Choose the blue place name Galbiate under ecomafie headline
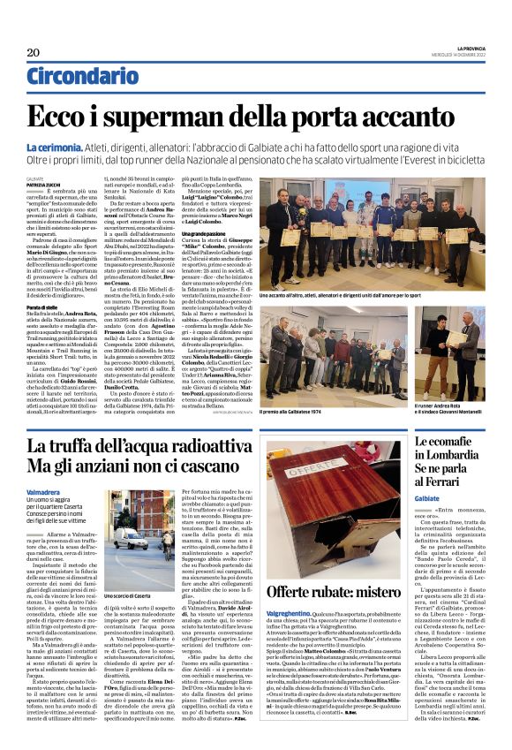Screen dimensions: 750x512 (433, 497)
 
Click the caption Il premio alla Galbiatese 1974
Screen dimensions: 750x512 (309, 411)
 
